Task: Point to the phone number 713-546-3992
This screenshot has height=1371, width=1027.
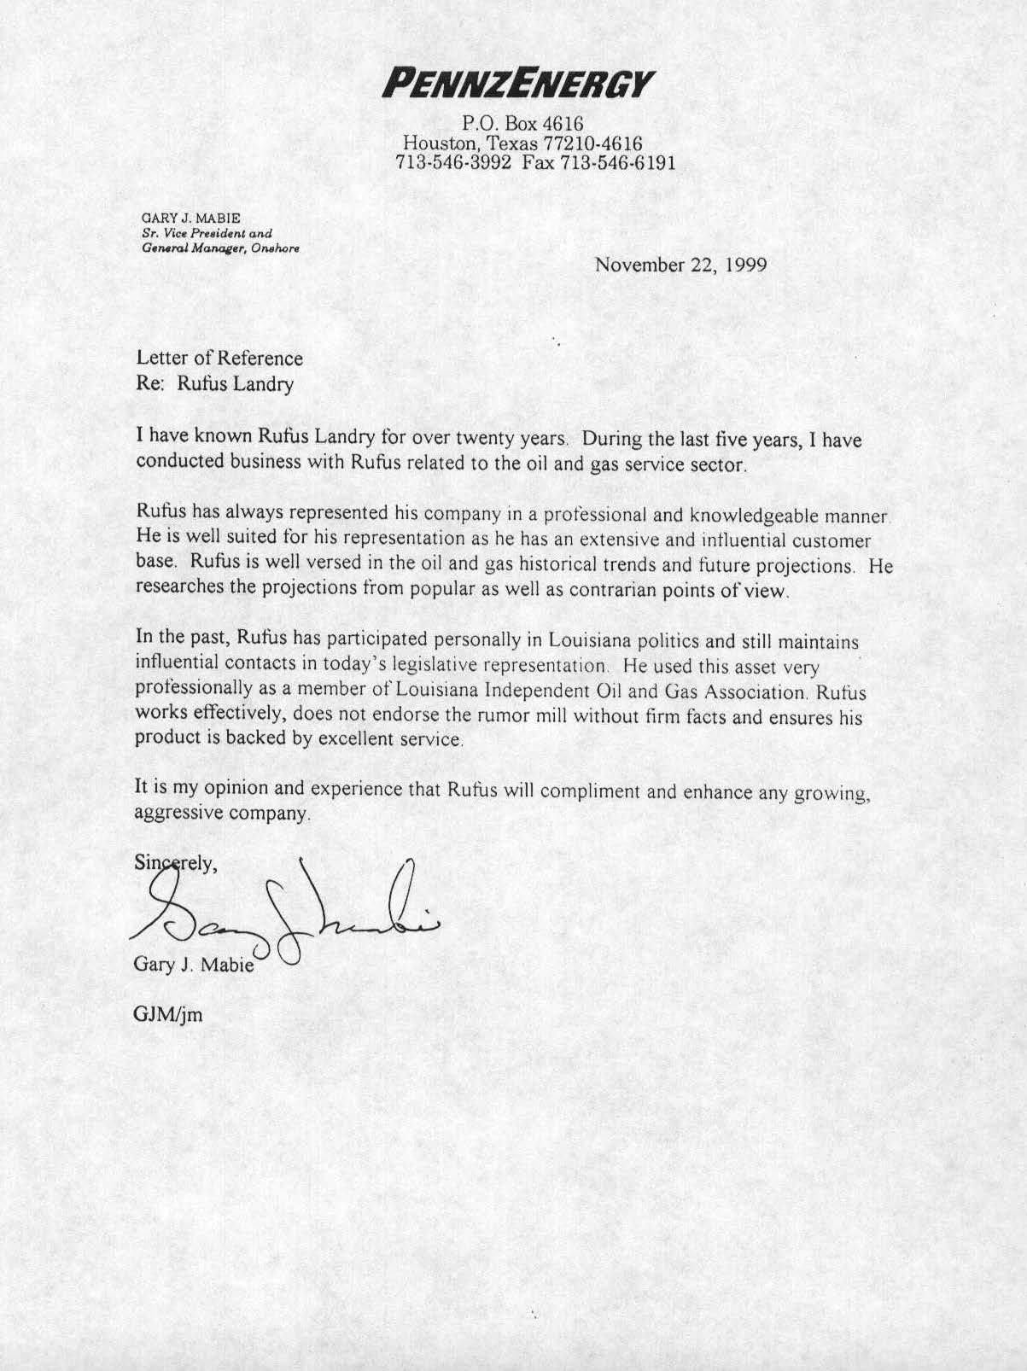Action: [454, 162]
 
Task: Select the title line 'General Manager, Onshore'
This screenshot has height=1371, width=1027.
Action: [219, 248]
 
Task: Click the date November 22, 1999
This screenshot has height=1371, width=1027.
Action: [680, 264]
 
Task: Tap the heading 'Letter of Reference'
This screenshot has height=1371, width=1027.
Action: [219, 359]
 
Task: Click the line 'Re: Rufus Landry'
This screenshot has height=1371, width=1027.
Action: [214, 384]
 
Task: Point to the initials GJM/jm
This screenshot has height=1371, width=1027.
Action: [168, 1015]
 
